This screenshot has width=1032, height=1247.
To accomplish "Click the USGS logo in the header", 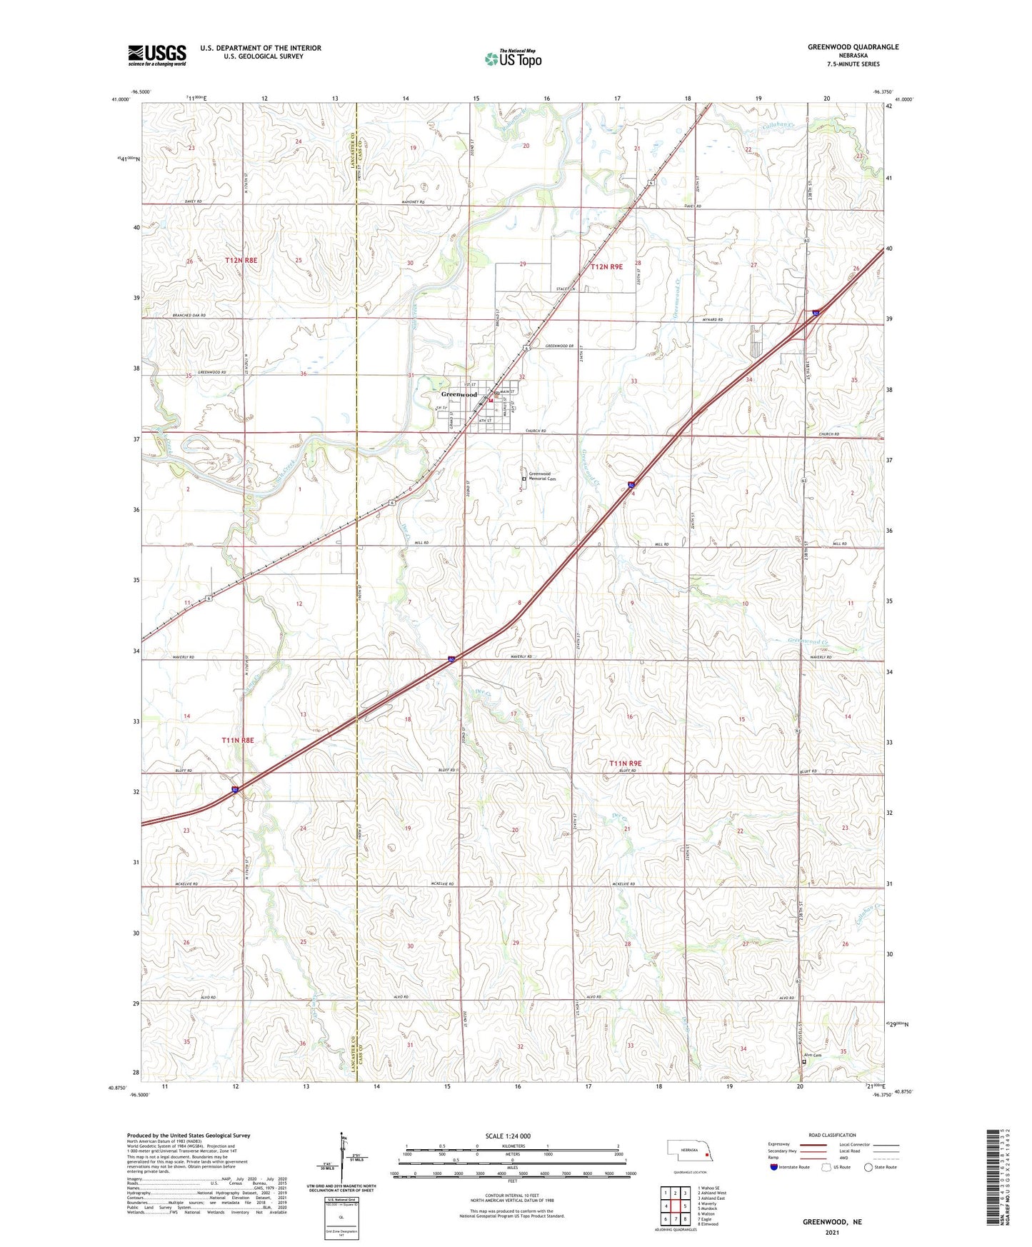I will (x=156, y=55).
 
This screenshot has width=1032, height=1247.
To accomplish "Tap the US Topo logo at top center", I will (x=513, y=59).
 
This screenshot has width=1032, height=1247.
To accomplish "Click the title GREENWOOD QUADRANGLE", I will (x=853, y=47).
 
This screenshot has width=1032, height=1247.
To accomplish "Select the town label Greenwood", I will (x=459, y=394).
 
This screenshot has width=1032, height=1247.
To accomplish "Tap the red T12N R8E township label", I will (x=241, y=261).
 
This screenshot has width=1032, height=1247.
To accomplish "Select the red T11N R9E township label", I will (x=625, y=763).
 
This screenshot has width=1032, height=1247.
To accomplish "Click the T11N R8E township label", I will (x=238, y=741).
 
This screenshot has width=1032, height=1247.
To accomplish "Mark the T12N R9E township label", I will (x=606, y=266).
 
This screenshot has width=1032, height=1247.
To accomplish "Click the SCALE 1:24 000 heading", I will (x=508, y=1136).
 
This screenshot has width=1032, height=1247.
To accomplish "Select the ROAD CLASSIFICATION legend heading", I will (x=832, y=1135).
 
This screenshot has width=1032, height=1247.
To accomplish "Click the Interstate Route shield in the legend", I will (x=774, y=1168).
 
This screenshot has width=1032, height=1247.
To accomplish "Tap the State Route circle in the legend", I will (x=868, y=1168).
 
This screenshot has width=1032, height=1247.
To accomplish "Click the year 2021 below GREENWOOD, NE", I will (x=832, y=1232).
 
